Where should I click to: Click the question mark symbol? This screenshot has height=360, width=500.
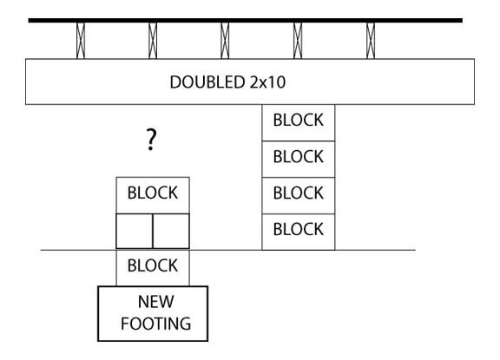pos(151,139)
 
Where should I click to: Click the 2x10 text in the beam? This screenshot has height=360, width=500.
pos(267,82)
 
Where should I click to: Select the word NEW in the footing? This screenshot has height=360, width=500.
pos(156,301)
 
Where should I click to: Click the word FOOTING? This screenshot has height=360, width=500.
pos(156,324)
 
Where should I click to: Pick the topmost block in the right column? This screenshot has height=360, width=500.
pos(299,122)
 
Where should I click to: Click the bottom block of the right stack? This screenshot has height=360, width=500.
pos(299,232)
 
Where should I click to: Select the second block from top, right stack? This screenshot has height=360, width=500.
pos(299,160)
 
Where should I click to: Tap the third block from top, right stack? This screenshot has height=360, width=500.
pos(299,195)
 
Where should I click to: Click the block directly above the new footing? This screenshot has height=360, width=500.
pos(153,268)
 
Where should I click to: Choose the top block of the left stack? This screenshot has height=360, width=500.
pos(153,195)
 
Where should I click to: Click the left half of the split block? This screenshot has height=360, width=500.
pos(135,231)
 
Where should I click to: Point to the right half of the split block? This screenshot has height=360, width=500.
pos(171,231)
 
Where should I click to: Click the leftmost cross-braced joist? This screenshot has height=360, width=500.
pos(81,41)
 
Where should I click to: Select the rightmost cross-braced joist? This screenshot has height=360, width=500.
pos(371,41)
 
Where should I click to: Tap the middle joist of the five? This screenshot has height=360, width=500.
pos(225,41)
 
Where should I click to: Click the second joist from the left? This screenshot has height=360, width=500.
pos(153,41)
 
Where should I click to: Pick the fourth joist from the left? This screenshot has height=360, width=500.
pos(298,41)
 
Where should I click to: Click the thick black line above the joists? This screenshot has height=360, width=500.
pos(246,21)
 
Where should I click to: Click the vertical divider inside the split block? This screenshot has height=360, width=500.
pos(153,231)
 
